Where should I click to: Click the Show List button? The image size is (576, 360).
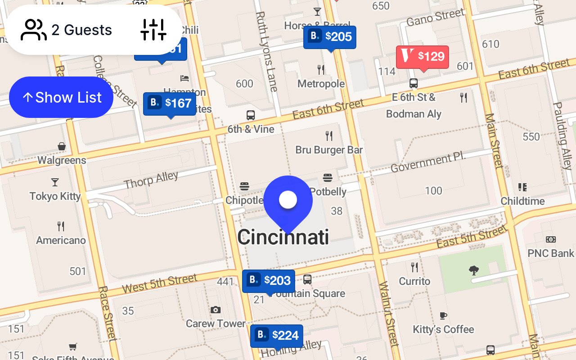(x=61, y=97)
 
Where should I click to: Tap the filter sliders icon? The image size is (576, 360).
(x=153, y=30)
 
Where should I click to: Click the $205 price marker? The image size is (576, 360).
(x=330, y=37)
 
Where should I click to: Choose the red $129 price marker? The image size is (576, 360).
(x=423, y=57)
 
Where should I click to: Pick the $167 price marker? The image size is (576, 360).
(x=170, y=103)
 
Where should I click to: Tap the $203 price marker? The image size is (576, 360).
(x=269, y=281)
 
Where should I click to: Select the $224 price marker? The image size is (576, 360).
(x=277, y=336)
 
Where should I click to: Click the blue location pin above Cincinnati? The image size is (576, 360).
(x=288, y=201)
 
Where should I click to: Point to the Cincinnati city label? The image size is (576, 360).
(x=283, y=237)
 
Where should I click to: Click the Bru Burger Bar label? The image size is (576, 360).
(x=329, y=150)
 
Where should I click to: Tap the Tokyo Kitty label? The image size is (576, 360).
(x=55, y=196)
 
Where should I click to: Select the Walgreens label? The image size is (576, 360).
(x=62, y=160)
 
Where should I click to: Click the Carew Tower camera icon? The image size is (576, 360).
(x=216, y=310)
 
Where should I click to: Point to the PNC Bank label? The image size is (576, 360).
(x=551, y=253)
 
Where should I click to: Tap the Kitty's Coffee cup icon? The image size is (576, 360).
(x=443, y=315)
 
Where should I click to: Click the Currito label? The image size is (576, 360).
(x=414, y=281)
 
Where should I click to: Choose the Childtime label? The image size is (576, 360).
(x=522, y=201)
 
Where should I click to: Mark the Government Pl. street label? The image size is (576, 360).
(x=427, y=163)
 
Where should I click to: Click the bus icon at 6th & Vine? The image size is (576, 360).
(x=251, y=115)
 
